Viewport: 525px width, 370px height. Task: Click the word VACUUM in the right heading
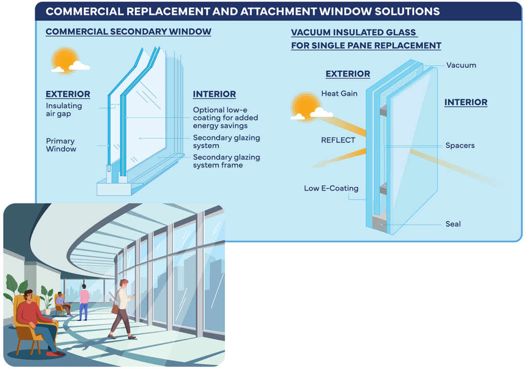(309, 32)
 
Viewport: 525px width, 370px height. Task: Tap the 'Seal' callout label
(453, 224)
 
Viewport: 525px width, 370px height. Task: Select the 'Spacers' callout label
(460, 145)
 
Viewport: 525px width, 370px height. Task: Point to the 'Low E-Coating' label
(331, 188)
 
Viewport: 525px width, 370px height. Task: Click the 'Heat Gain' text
(339, 93)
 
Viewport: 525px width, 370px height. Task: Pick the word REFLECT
(338, 140)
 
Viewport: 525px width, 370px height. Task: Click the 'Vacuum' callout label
(461, 65)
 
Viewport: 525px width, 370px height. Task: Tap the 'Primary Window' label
(61, 145)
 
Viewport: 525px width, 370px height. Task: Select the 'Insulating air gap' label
(64, 110)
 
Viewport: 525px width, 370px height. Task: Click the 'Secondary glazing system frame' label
(226, 161)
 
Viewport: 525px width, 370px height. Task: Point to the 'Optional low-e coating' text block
(226, 118)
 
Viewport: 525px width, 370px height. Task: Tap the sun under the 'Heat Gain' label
(306, 107)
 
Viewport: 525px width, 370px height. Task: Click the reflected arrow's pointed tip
(311, 167)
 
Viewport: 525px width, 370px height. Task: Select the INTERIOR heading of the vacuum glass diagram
(466, 102)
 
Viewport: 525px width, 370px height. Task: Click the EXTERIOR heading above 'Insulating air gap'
(68, 94)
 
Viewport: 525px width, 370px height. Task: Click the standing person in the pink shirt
(84, 302)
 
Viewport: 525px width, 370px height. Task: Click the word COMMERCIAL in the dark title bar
(85, 11)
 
